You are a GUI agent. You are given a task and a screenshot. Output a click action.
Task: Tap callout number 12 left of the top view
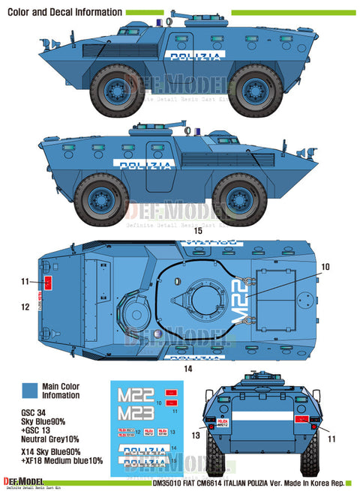(25, 307)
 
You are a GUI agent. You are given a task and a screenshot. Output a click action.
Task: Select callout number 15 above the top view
(197, 231)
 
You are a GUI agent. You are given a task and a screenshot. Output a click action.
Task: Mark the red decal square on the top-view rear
(49, 282)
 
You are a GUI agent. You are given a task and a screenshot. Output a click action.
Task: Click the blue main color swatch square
(30, 390)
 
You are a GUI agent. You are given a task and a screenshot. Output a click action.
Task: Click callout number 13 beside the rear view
(196, 434)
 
